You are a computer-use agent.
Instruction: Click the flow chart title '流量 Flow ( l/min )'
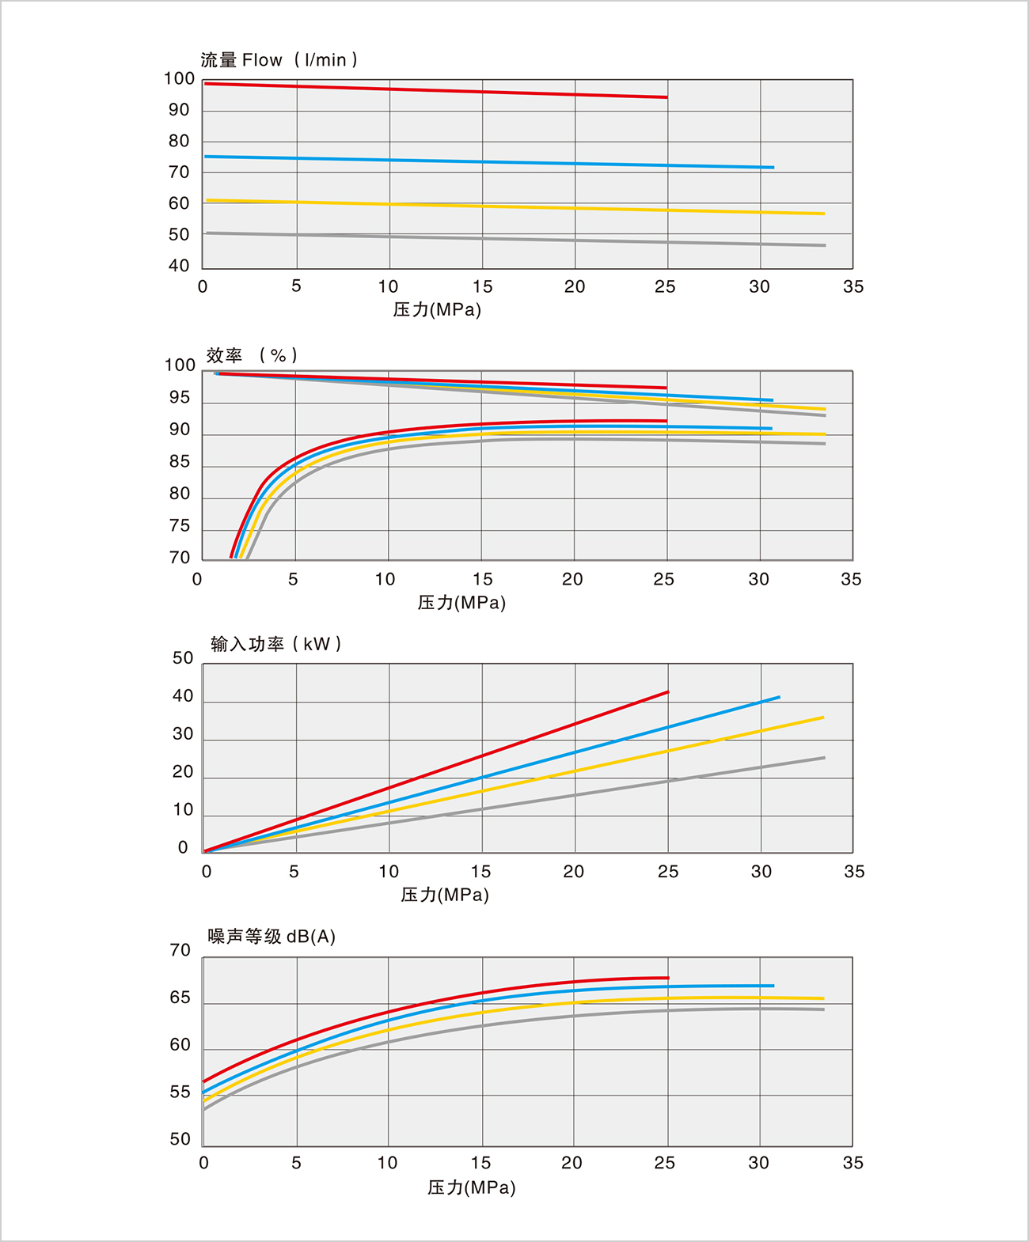pos(279,60)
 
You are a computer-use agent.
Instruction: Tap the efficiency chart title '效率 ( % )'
pos(252,355)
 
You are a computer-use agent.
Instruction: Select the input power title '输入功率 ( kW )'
pos(275,644)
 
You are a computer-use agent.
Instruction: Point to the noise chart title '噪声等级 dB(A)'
pos(271,937)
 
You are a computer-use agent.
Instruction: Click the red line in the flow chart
pos(435,90)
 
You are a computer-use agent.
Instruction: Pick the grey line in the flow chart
pos(514,239)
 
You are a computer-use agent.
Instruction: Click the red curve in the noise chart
pos(435,1002)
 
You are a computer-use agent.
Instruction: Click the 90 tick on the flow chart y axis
pos(179,110)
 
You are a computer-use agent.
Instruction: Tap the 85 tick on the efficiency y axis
pos(180,461)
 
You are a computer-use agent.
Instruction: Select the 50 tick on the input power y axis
pos(183,658)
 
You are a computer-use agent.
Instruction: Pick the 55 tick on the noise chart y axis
pos(180,1092)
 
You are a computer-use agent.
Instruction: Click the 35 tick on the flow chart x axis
pos(853,286)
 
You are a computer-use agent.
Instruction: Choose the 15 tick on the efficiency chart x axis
pos(483,579)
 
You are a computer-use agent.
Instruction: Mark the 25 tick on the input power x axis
pos(668,872)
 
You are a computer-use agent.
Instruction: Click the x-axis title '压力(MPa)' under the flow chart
pos(437,309)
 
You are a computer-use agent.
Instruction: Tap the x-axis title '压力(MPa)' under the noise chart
pos(472,1187)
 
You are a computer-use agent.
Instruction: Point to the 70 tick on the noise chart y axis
pos(180,950)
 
